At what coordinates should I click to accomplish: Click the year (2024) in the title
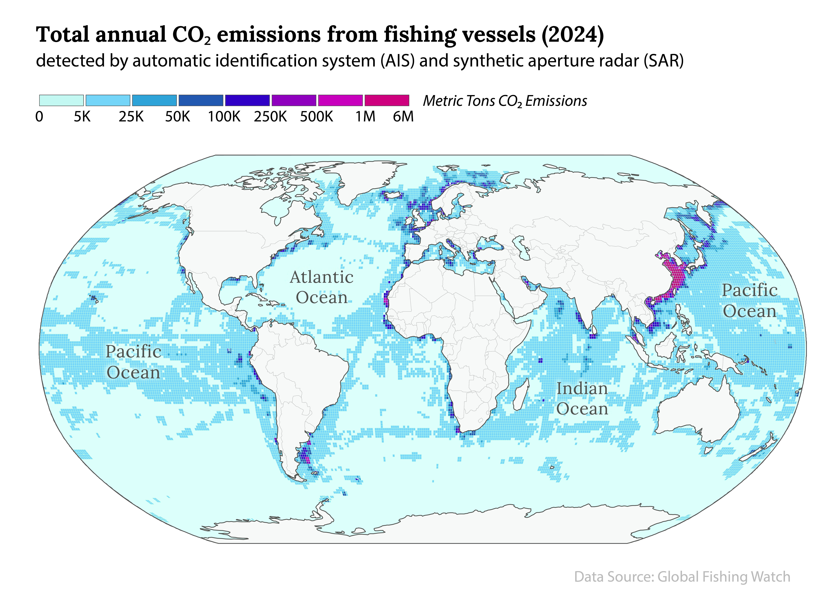pos(573,35)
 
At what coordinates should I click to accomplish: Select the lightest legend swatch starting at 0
pos(61,100)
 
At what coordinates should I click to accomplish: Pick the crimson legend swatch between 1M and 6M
pos(387,100)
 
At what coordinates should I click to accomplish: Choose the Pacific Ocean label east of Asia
pos(750,301)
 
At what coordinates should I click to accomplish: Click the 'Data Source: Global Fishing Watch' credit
pos(682,577)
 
